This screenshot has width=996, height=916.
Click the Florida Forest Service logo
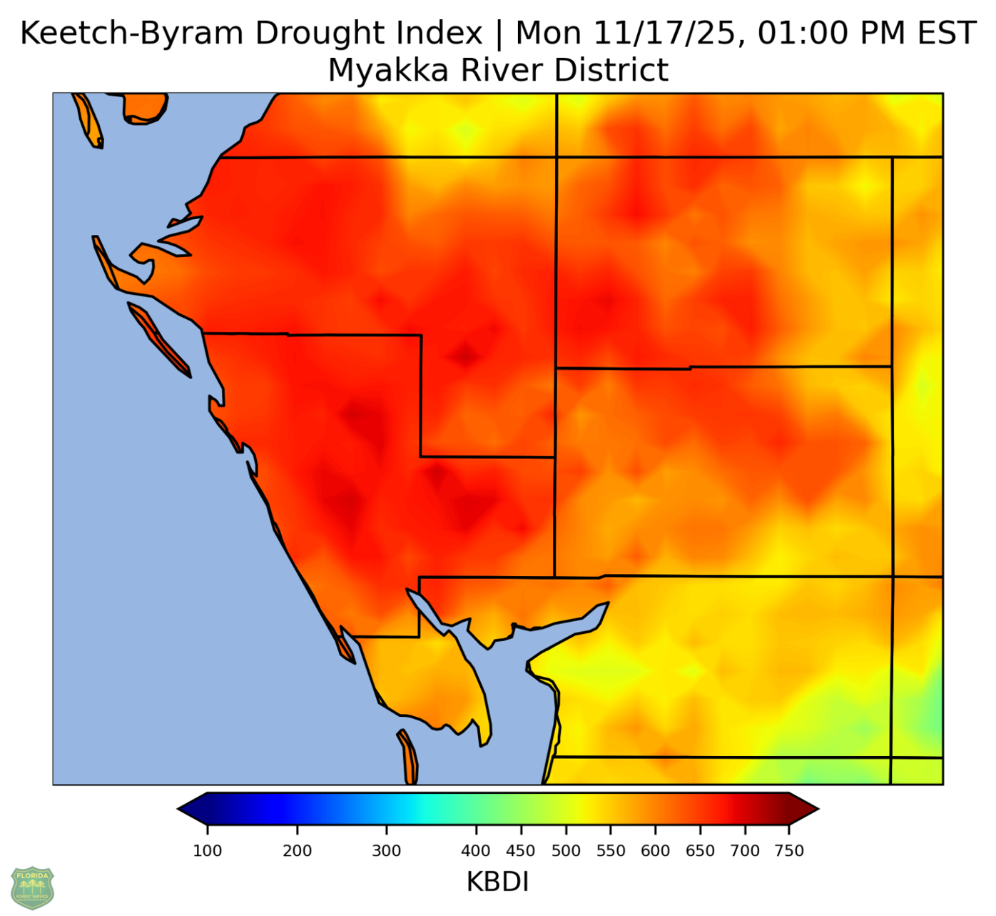(x=32, y=887)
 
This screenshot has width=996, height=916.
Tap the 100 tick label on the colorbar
(x=208, y=850)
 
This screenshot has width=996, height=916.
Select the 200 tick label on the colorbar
(x=298, y=850)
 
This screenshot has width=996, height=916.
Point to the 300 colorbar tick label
(x=387, y=850)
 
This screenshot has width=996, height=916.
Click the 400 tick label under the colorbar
(x=476, y=850)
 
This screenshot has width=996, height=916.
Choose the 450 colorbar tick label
(x=521, y=850)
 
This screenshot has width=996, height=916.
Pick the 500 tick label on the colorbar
(x=566, y=850)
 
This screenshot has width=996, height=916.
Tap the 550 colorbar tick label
(x=611, y=850)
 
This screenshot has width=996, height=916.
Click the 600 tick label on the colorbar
(x=655, y=850)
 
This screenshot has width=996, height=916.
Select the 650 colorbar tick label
(x=700, y=850)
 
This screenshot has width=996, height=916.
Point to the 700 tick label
(x=745, y=850)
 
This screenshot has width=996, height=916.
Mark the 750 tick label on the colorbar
(x=789, y=850)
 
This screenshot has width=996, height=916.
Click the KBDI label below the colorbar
(x=497, y=882)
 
